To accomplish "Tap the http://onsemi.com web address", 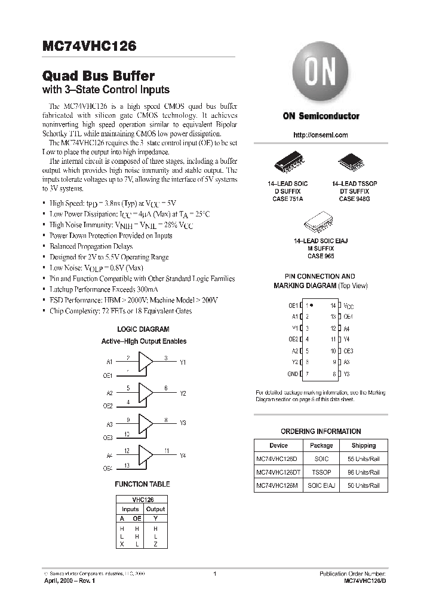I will (x=321, y=135).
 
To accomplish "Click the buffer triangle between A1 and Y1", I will (x=146, y=362).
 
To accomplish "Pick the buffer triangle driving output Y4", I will (x=146, y=456).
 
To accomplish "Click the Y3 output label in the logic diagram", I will (x=183, y=423).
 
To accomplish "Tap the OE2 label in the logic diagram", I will (x=108, y=406).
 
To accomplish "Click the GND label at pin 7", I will (x=293, y=374).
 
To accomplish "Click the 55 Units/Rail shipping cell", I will (x=363, y=459).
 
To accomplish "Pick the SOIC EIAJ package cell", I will (x=321, y=485).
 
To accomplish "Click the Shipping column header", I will (x=363, y=445).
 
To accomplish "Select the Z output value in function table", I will (x=156, y=545).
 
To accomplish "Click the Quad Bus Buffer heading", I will (x=99, y=76).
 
